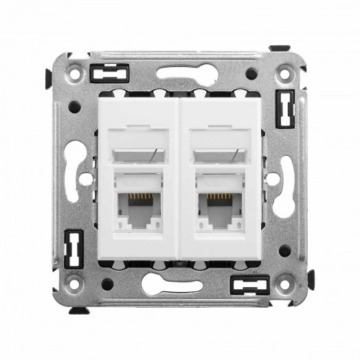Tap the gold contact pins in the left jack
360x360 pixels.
140,198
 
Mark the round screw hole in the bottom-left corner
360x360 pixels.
74,282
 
